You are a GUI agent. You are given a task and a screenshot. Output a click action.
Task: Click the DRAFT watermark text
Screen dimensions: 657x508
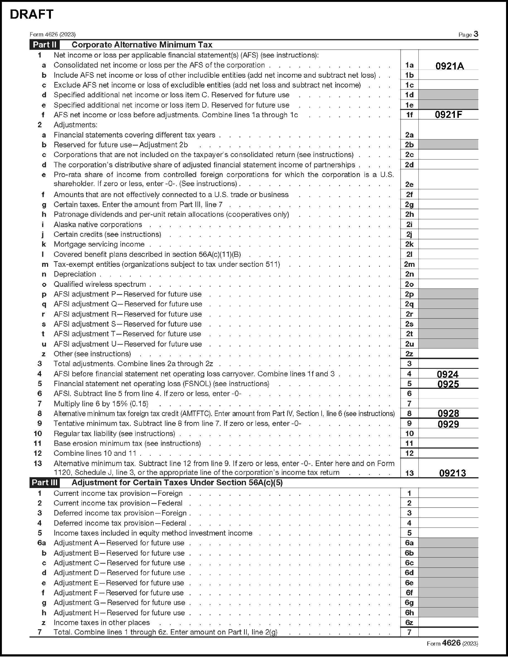click(x=32, y=14)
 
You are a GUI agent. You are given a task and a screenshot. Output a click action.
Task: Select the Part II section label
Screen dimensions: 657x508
click(x=45, y=45)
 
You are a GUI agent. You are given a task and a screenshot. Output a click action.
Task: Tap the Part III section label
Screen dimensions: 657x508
click(x=45, y=483)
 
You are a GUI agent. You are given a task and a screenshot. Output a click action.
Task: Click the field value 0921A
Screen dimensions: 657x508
click(x=450, y=66)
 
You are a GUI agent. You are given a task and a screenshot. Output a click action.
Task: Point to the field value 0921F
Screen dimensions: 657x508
click(x=448, y=115)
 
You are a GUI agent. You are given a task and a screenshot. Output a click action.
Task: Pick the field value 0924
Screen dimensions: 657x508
click(x=448, y=374)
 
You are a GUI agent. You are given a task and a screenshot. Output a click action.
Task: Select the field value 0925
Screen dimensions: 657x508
click(x=448, y=384)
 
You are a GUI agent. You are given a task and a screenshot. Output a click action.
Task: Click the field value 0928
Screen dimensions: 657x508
click(x=448, y=413)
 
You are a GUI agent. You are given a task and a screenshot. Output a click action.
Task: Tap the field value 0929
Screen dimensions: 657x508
click(x=448, y=424)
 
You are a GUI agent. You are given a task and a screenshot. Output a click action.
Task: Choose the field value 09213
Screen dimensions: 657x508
click(x=452, y=473)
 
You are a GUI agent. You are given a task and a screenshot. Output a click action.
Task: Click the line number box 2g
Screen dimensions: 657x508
click(x=409, y=205)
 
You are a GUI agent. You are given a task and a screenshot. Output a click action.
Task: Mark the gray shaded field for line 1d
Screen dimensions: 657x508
click(x=448, y=95)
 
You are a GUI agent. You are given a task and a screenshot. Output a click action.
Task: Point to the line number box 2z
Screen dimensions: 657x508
click(x=409, y=354)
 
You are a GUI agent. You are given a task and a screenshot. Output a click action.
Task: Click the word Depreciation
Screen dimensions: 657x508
click(x=75, y=274)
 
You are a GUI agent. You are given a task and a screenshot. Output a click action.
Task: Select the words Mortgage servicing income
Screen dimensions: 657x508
click(x=99, y=244)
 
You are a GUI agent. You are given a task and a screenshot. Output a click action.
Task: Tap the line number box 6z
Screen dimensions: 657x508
click(x=409, y=623)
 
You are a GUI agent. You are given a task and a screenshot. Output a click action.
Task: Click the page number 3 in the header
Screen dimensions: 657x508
click(x=475, y=34)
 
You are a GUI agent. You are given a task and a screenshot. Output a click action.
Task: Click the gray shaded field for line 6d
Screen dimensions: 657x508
click(x=448, y=573)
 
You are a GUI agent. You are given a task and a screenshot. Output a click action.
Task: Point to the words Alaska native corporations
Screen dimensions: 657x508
click(x=98, y=224)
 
